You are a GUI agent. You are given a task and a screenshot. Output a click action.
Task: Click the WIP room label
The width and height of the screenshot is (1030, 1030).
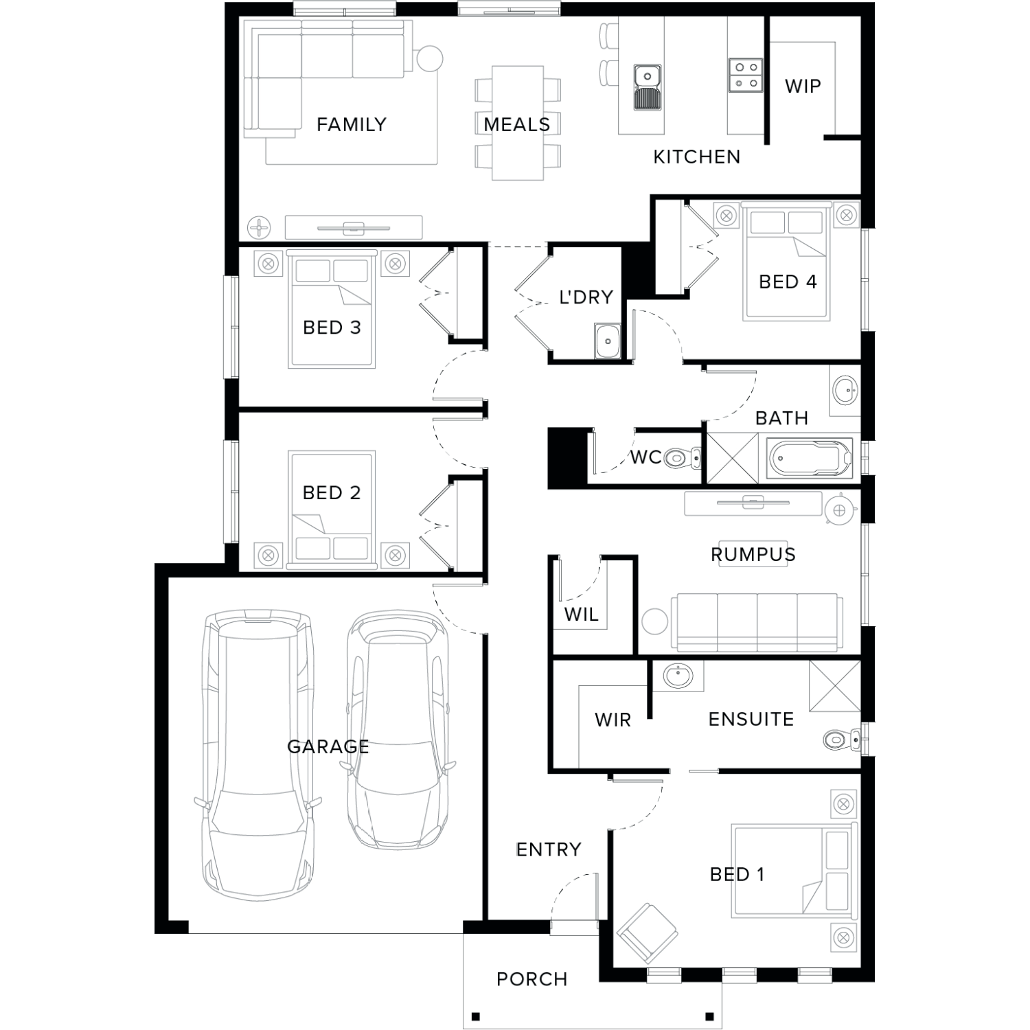(x=803, y=86)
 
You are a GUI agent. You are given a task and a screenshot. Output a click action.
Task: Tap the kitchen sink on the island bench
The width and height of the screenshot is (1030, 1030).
(x=647, y=87)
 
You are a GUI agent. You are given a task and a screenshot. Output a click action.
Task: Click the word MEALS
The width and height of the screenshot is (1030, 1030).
(x=517, y=124)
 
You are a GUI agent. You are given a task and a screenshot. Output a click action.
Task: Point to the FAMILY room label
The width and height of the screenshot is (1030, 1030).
(x=352, y=124)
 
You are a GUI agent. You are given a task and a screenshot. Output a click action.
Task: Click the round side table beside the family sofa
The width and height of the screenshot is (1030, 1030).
(x=428, y=58)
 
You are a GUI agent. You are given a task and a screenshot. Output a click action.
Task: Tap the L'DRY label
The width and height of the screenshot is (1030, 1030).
(x=586, y=297)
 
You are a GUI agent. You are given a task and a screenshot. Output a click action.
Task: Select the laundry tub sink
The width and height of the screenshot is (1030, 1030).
(x=608, y=341)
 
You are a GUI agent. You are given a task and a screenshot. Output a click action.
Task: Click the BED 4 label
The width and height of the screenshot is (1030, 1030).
(x=788, y=282)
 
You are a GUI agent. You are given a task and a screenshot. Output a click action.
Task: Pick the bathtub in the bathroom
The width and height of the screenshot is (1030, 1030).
(x=811, y=459)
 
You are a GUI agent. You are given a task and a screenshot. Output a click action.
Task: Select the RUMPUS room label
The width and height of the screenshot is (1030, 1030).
(x=753, y=554)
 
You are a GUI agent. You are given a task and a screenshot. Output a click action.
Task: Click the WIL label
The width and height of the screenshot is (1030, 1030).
(x=582, y=614)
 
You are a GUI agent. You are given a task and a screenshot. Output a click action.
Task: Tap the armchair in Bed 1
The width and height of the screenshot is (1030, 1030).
(x=647, y=932)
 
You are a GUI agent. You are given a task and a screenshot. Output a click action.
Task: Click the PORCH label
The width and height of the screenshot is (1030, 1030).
(x=532, y=979)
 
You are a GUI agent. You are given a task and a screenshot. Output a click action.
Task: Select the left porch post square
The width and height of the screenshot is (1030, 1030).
(x=475, y=1016)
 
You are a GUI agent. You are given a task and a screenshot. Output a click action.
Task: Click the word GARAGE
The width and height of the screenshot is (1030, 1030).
(x=328, y=746)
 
